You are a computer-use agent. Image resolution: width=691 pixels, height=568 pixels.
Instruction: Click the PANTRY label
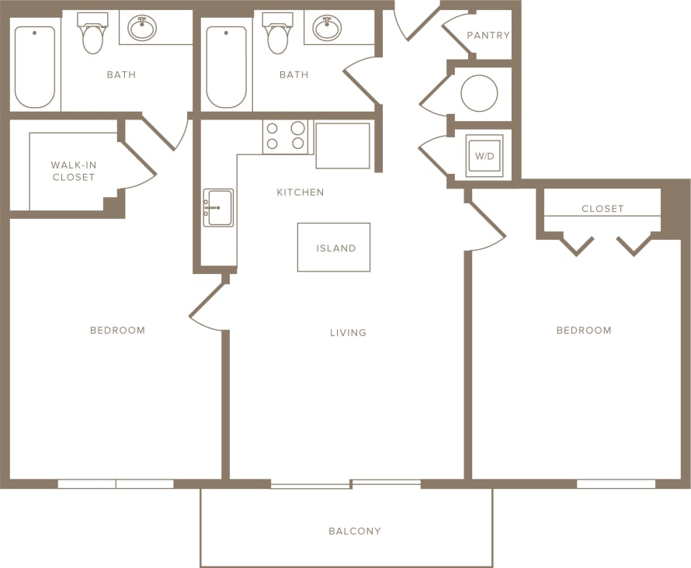(x=488, y=36)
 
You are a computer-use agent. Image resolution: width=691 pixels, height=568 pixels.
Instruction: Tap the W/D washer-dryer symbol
(x=484, y=156)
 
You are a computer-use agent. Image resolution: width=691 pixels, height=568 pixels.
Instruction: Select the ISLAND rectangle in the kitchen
(x=334, y=248)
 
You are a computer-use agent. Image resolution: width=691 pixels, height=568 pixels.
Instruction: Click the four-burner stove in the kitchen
(x=286, y=137)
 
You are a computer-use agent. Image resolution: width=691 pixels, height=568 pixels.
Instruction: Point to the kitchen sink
(x=218, y=208)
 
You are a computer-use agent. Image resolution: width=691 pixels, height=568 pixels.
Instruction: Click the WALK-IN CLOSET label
(x=74, y=171)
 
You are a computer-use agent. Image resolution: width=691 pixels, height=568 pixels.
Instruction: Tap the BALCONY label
(x=355, y=532)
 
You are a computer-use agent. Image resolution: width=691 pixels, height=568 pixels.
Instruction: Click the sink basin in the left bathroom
(x=142, y=28)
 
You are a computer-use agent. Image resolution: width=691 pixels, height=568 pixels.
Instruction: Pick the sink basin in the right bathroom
(x=327, y=28)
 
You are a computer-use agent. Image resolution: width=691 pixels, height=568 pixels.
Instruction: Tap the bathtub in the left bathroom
(x=35, y=68)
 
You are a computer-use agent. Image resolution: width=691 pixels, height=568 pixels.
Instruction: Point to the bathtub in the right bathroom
(x=226, y=68)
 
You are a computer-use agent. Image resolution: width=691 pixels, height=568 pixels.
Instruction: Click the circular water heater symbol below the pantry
(x=479, y=94)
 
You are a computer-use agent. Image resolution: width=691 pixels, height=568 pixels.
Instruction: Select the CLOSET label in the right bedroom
(x=602, y=209)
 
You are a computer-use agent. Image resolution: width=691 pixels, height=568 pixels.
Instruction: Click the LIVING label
(x=348, y=333)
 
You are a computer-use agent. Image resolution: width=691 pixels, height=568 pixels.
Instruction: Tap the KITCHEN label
(x=300, y=192)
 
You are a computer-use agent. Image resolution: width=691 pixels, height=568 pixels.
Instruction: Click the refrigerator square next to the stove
(x=342, y=145)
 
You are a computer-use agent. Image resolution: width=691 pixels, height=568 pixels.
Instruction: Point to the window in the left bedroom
(x=116, y=484)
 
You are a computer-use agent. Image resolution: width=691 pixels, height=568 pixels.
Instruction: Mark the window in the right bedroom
(x=616, y=484)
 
